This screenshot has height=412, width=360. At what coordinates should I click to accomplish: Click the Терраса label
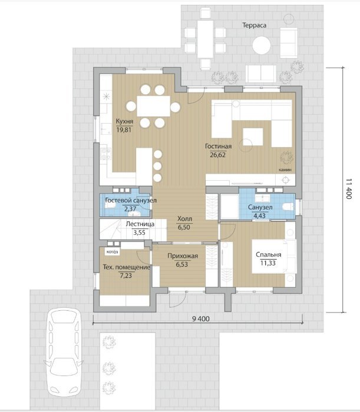point(254,25)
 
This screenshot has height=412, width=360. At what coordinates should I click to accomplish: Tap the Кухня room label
point(124,121)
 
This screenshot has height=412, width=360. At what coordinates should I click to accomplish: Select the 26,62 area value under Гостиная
point(218,155)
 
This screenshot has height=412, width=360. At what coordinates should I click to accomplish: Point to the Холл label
point(184,218)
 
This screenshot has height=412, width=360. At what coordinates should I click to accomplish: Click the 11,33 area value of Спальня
point(268,263)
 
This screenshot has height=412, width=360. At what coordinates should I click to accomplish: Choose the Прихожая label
point(183,256)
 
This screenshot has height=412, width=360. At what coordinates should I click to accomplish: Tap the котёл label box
point(113,252)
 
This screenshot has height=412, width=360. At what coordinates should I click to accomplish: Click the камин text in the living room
point(285,170)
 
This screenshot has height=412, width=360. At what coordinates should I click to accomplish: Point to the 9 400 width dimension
point(201,319)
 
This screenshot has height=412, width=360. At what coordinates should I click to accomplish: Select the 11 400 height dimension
point(349,189)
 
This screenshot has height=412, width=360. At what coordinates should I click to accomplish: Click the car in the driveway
point(64,351)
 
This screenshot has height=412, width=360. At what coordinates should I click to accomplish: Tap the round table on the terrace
point(262,45)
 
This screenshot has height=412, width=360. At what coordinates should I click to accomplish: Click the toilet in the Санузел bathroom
point(288,207)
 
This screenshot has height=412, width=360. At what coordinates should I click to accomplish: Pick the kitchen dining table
point(154,106)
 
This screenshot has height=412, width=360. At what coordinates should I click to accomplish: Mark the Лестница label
point(140,224)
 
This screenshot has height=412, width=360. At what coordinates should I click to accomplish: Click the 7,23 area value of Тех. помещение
point(125,275)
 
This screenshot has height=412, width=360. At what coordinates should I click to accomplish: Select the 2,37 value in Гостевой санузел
point(130,209)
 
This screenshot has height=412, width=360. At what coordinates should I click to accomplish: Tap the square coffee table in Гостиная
point(253,137)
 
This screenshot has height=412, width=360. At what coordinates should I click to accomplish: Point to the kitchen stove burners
point(106,154)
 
